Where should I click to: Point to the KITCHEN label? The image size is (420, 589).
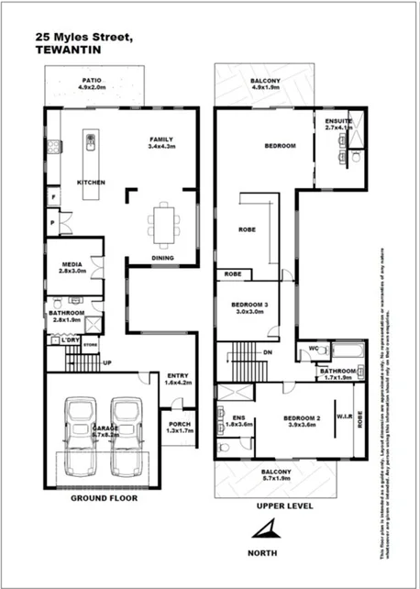point(92,183)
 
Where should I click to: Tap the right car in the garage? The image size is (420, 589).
point(127,434)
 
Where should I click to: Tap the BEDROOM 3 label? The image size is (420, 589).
point(249,307)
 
